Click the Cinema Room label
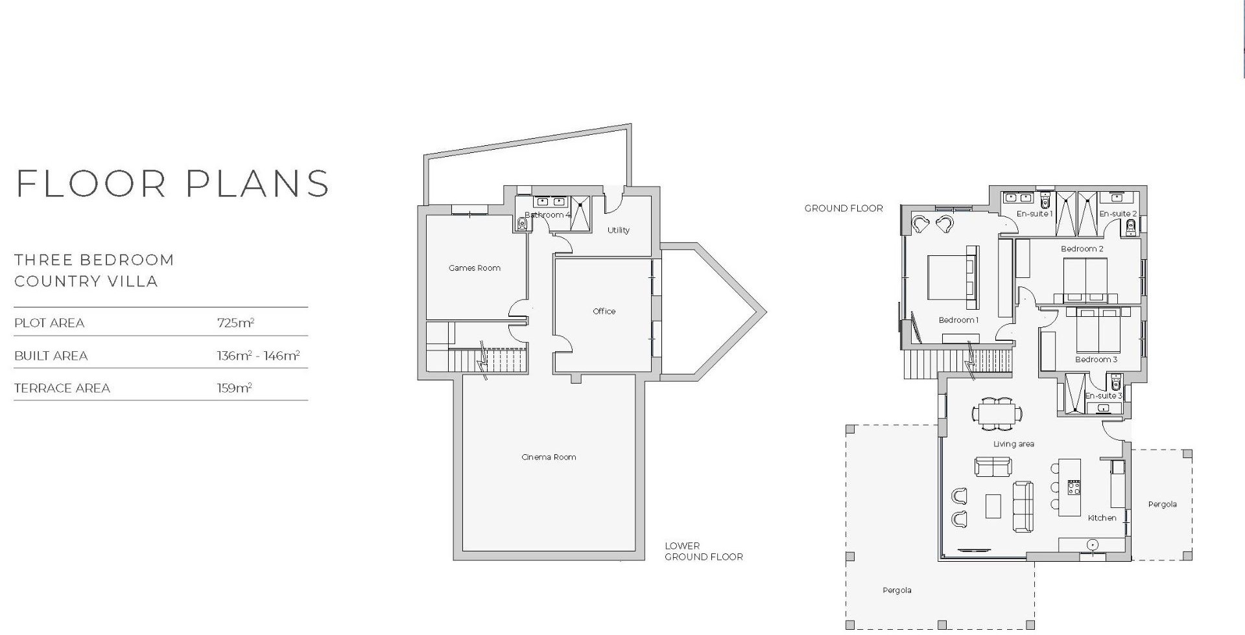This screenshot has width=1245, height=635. [x=549, y=457]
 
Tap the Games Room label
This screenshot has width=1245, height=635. [x=475, y=268]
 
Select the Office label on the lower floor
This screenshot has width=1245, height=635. [x=604, y=311]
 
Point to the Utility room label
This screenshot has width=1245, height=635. [x=618, y=230]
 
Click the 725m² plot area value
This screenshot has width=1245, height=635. [x=235, y=323]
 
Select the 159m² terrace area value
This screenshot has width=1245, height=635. [x=234, y=388]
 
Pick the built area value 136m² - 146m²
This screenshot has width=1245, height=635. [x=258, y=356]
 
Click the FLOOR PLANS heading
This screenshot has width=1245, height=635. [x=172, y=183]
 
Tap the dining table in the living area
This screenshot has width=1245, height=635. [x=997, y=413]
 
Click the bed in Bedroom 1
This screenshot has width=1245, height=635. [x=952, y=277]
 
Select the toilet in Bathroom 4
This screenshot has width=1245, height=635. [x=522, y=224]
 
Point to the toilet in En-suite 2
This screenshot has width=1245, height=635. [x=1131, y=226]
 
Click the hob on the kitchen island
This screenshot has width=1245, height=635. [x=1074, y=487]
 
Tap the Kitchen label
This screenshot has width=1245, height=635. [x=1102, y=518]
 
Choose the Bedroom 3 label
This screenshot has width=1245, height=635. [x=1097, y=360]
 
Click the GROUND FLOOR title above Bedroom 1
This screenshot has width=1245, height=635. [x=844, y=209]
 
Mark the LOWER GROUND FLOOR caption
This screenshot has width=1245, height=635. [x=704, y=551]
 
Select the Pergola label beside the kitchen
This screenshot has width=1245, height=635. [x=1162, y=504]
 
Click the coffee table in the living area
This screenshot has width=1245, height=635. [x=993, y=506]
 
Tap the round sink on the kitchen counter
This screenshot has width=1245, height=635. [x=1093, y=545]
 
